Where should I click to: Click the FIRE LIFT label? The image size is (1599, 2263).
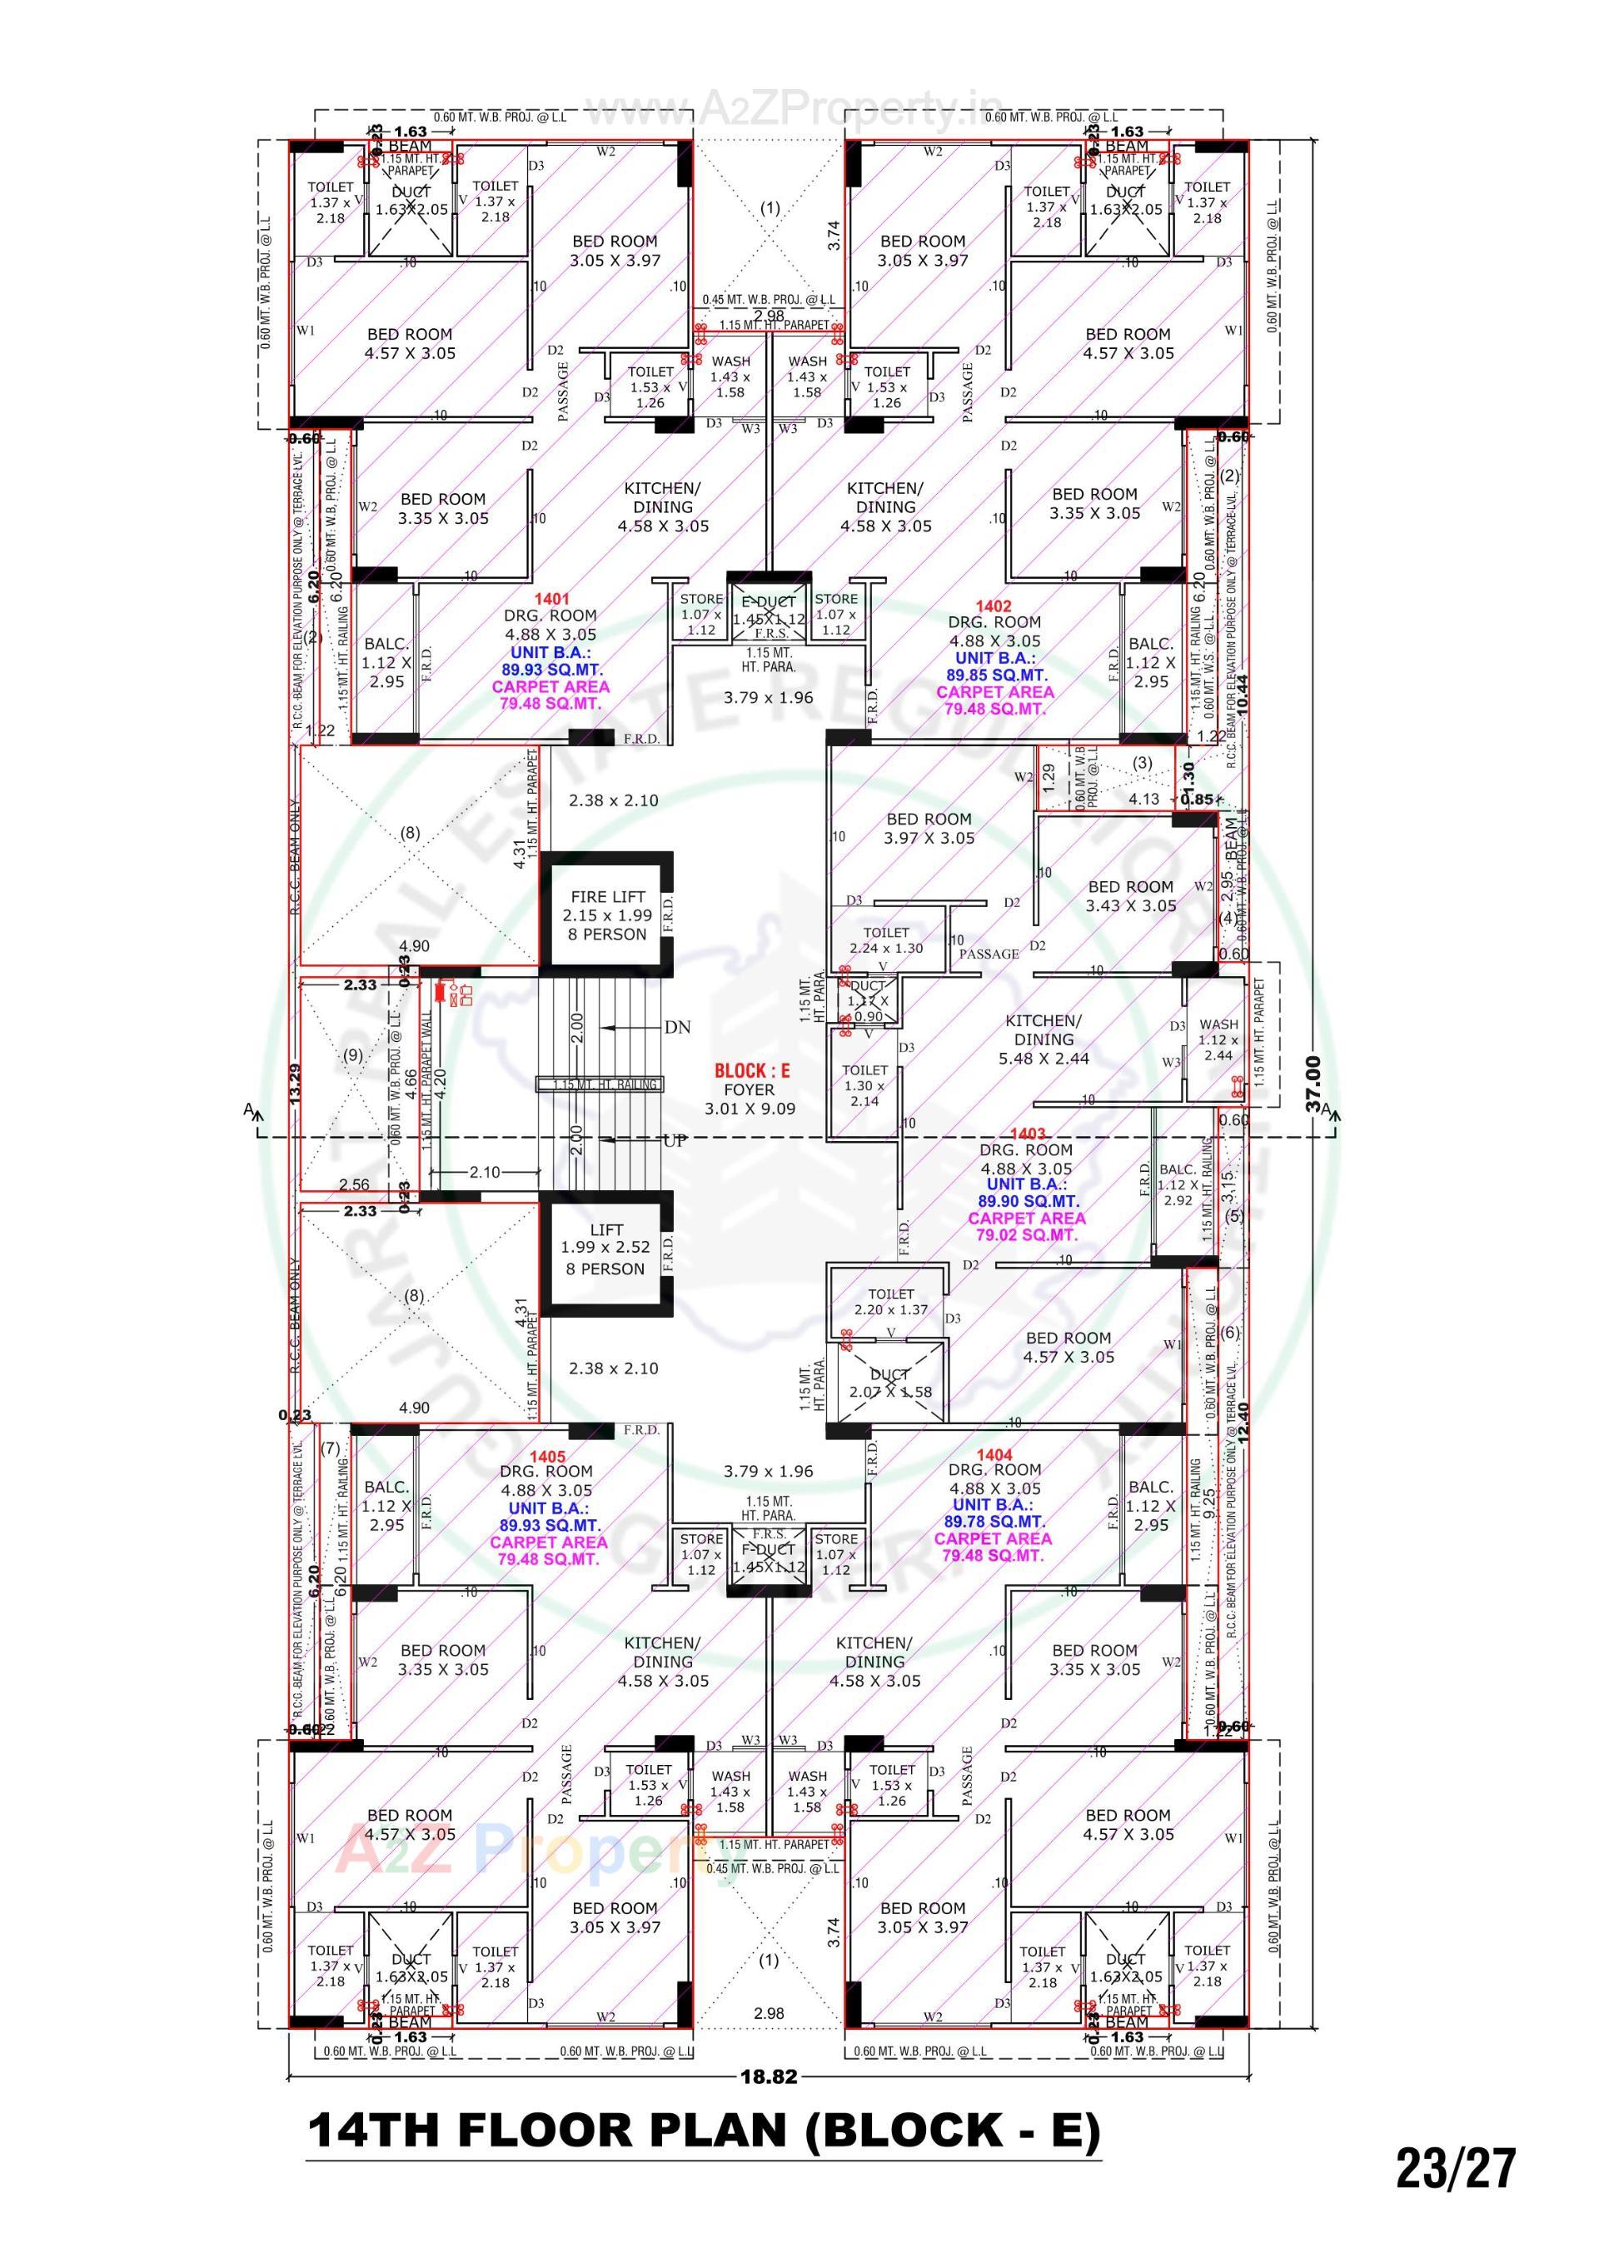607,896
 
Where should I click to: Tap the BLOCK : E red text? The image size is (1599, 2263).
751,1070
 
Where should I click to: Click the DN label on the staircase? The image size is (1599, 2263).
677,1027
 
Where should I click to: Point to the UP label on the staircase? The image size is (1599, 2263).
675,1140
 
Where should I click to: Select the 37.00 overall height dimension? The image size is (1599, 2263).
1313,1084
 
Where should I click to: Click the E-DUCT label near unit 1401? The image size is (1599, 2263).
769,602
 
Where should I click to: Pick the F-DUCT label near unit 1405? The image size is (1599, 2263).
769,1549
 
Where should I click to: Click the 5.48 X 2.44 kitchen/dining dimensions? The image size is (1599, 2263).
1044,1058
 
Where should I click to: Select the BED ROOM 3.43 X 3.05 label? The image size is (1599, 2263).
1131,896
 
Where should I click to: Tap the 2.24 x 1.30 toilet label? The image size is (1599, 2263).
886,948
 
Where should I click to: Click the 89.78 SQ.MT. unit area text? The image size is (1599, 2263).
993,1522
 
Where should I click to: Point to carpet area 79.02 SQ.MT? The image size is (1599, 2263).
1026,1235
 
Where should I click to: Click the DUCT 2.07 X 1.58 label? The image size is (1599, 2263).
889,1383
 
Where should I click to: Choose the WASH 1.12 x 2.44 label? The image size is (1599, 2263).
1218,1039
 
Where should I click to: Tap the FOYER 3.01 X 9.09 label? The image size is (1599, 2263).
750,1099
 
